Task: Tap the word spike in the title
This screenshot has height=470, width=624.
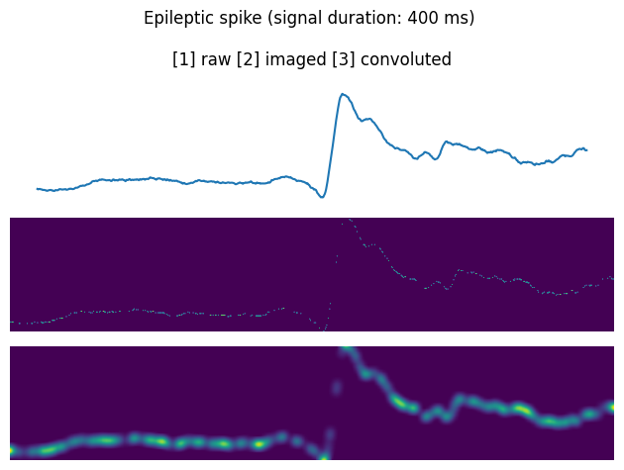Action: click(x=235, y=18)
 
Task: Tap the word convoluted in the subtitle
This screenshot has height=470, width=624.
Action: click(x=406, y=59)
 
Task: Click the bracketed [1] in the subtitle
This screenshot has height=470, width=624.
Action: click(x=183, y=59)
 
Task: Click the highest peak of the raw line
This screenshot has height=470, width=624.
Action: click(x=343, y=95)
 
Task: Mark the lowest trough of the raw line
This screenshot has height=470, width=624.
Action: click(x=321, y=197)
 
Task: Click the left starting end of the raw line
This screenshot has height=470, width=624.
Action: click(x=38, y=188)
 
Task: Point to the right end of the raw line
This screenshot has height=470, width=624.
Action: click(x=586, y=150)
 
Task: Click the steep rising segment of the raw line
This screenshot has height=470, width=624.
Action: click(x=332, y=148)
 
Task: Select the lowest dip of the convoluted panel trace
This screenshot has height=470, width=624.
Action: click(x=323, y=456)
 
